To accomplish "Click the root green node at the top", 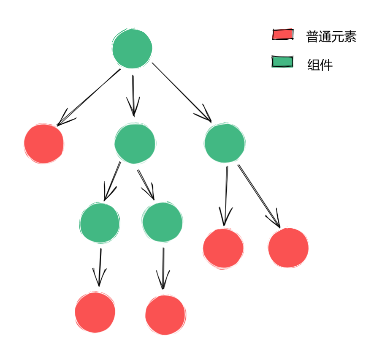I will (x=132, y=49).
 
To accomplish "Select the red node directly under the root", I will (x=44, y=144).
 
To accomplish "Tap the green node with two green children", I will (x=135, y=143).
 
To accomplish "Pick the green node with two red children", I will (x=224, y=143).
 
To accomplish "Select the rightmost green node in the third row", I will (x=163, y=222).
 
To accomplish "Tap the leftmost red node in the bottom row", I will (x=95, y=312).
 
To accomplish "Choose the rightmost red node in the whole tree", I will (x=288, y=248).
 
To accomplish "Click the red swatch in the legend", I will (x=283, y=34).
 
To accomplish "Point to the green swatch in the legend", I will (x=282, y=62).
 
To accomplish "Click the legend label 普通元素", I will (x=331, y=37).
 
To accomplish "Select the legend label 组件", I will (x=320, y=65).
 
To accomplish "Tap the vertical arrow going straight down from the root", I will (x=133, y=95).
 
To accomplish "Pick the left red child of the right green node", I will (x=223, y=248).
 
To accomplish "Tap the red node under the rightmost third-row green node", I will (x=165, y=315).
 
